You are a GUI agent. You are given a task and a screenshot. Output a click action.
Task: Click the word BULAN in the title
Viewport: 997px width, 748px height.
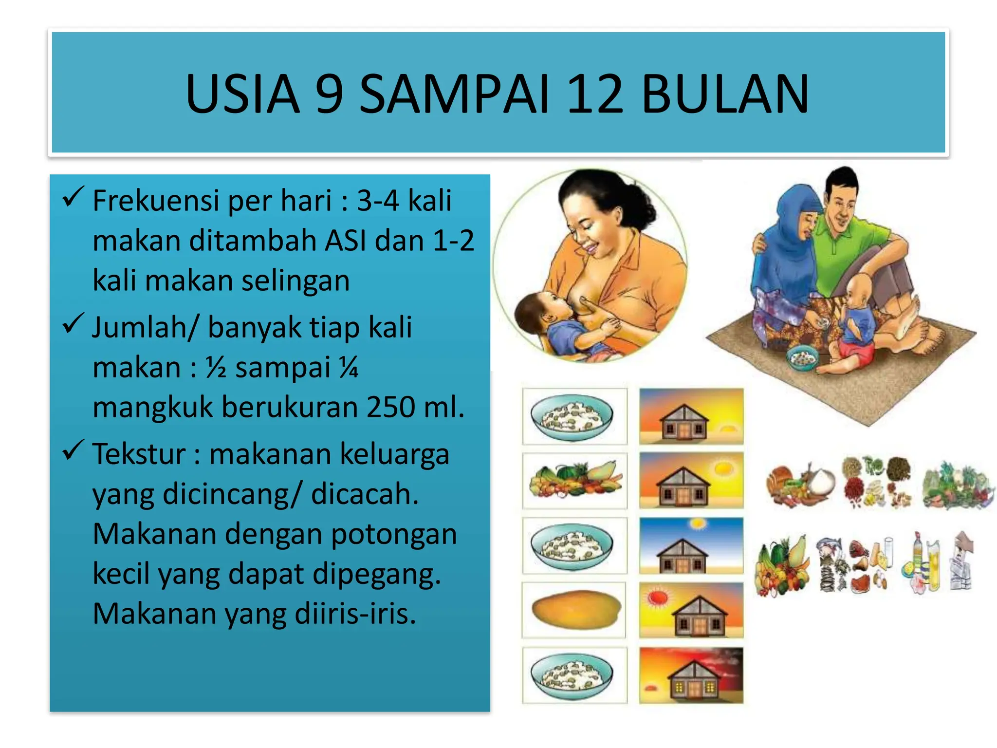coord(725,94)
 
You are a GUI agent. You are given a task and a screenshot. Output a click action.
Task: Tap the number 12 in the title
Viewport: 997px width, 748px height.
coord(595,94)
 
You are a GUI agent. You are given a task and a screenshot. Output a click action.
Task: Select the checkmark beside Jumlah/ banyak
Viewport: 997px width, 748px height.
coord(73,324)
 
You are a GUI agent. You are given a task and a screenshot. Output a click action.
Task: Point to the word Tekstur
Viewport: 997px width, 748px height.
coord(139,454)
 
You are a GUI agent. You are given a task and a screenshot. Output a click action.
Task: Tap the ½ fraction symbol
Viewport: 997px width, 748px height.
coord(216,368)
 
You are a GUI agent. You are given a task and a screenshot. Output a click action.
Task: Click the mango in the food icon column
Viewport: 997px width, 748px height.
coord(575,610)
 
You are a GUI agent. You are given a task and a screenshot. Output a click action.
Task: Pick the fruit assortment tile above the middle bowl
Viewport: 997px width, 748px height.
coord(574,480)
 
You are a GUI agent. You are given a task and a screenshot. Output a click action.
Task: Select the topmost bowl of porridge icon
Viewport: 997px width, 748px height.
coord(572,417)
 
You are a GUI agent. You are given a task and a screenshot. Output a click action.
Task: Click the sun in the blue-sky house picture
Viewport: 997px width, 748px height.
coord(698,524)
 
